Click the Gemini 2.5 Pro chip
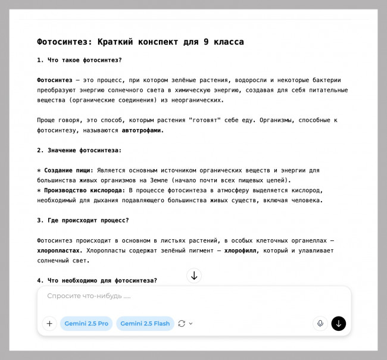pos(86,324)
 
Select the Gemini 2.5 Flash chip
pos(145,324)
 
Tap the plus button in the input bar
pos(49,324)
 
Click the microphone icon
pos(320,324)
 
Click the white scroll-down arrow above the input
pos(194,276)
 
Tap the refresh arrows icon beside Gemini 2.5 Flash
pos(182,324)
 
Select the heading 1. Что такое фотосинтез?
pos(79,60)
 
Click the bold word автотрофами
pos(142,130)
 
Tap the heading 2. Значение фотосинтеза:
pos(79,151)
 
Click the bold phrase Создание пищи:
pos(68,171)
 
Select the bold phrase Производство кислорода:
pos(85,190)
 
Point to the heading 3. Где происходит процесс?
pos(83,221)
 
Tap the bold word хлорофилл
pos(241,251)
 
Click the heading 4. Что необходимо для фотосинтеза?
pos(96,281)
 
